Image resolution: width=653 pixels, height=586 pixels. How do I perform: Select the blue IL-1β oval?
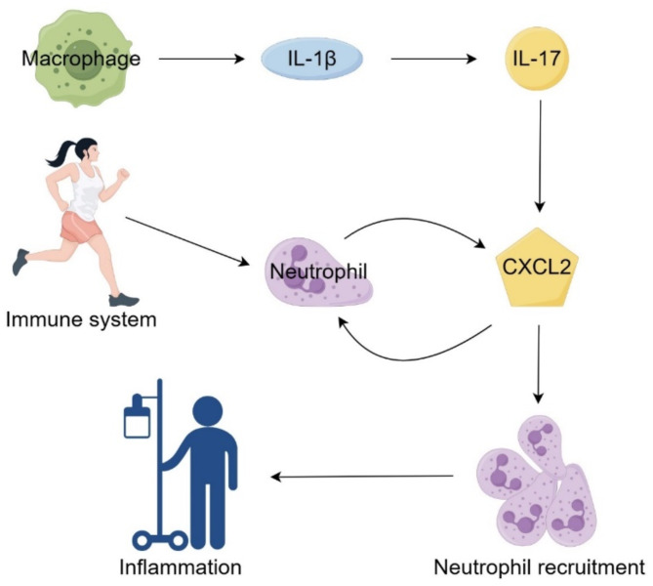click(x=312, y=59)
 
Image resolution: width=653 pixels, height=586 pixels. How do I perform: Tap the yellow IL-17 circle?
click(x=537, y=59)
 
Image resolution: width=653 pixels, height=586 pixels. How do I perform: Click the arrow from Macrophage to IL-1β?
click(x=201, y=59)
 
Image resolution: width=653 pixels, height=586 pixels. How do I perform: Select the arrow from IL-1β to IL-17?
click(x=433, y=59)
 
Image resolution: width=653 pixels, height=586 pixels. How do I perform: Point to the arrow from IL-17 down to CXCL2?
click(x=540, y=155)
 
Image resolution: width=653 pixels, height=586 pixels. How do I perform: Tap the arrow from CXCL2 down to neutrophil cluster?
click(x=539, y=364)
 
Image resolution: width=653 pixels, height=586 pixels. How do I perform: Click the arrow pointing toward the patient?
click(x=362, y=476)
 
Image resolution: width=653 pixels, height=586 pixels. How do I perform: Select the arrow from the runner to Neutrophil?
click(x=187, y=241)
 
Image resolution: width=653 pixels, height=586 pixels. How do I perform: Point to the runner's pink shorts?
click(x=81, y=228)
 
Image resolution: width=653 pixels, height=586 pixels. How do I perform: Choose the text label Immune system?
click(x=81, y=320)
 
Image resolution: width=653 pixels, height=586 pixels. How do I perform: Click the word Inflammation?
click(x=181, y=567)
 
